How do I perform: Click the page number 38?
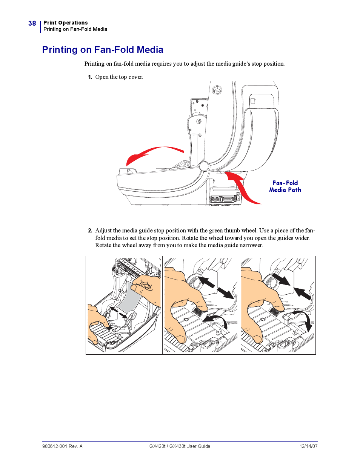32,23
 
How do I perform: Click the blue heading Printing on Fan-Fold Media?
103,50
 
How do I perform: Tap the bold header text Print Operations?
65,23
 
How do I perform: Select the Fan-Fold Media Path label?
285,186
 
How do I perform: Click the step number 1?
90,77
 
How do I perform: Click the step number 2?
90,231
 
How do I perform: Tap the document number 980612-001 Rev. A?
62,446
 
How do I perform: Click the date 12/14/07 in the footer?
308,446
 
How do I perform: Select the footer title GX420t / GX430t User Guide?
180,446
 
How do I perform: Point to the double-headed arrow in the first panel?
118,312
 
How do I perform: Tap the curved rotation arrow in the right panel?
304,321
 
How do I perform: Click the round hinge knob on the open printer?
204,166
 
